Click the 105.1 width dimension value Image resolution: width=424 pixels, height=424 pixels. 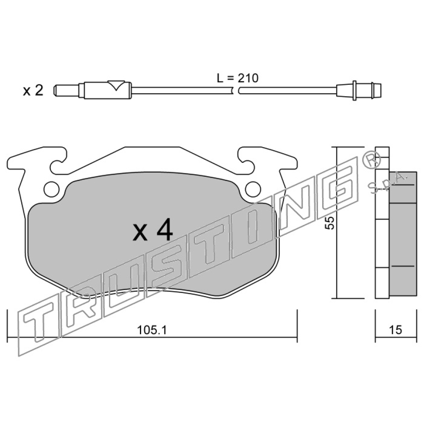pos(152,330)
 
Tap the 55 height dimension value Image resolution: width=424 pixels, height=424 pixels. pos(329,223)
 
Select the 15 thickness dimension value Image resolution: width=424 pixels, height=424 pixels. pos(395,330)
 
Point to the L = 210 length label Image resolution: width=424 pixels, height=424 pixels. pos(238,78)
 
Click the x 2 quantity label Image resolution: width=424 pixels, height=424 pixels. pos(33,90)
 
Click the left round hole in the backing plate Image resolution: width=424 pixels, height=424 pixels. pos(51,189)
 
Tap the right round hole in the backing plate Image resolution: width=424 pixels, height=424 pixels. pos(253,189)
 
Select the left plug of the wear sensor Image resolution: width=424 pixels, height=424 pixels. pos(67,90)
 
